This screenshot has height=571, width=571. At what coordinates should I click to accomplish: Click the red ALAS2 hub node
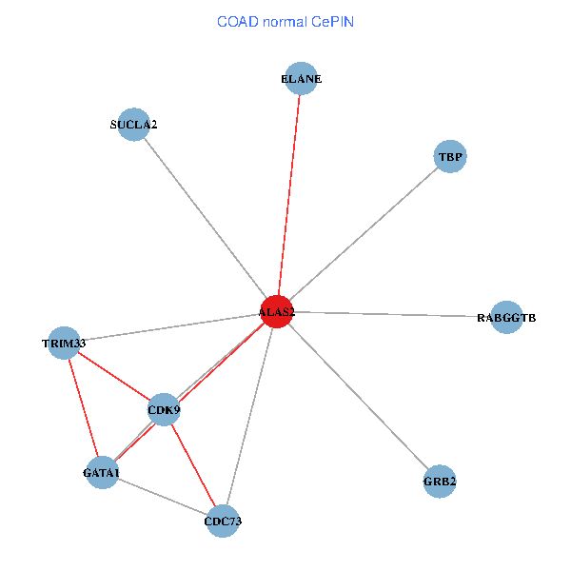pos(277,311)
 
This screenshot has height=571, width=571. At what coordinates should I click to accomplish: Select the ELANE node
pos(302,79)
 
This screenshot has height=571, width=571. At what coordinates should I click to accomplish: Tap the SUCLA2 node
pos(133,125)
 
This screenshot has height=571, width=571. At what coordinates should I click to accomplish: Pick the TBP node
pos(450,156)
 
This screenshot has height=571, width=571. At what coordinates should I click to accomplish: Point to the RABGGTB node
pos(506,317)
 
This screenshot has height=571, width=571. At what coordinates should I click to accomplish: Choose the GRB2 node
pos(440,482)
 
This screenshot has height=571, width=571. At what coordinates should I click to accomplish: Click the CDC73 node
pos(222,521)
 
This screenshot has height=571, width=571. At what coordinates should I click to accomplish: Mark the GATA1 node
pos(102,472)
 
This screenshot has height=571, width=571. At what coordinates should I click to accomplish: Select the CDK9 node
pos(164,410)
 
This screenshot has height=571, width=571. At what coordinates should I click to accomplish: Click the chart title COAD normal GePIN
pos(285,21)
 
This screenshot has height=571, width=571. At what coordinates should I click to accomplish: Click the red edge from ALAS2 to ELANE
pos(289,195)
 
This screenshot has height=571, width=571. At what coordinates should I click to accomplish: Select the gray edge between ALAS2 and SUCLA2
pos(205,218)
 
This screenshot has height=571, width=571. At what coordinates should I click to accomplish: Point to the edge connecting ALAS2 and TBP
pos(364,234)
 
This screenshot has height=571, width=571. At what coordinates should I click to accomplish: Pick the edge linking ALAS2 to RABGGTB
pos(391,314)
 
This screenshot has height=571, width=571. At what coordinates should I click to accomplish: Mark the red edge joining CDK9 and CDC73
pos(192,465)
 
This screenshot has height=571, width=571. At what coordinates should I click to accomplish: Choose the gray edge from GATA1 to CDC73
pos(162,496)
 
